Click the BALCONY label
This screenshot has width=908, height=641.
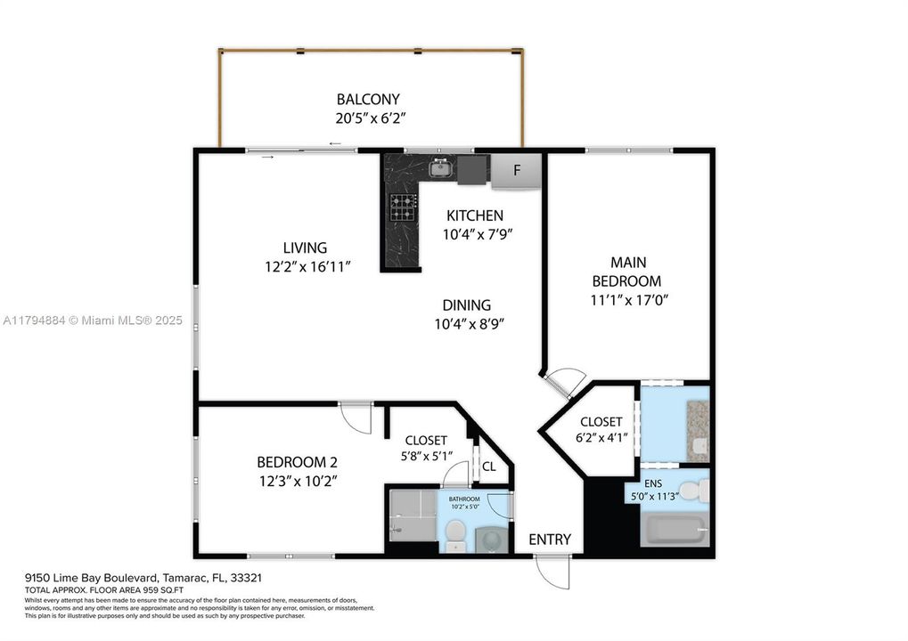pos(367,99)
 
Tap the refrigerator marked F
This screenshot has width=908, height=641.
pos(516,170)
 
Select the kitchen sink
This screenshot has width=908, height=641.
pos(440,167)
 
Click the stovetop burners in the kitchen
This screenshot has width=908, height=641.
pos(402,208)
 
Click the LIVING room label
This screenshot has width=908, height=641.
pos(305,247)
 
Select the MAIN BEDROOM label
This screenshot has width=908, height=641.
pos(628,272)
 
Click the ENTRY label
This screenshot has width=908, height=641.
pos(550,540)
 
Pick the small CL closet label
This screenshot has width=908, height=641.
pos(489,465)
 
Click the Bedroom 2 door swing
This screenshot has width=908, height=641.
pos(356,418)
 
